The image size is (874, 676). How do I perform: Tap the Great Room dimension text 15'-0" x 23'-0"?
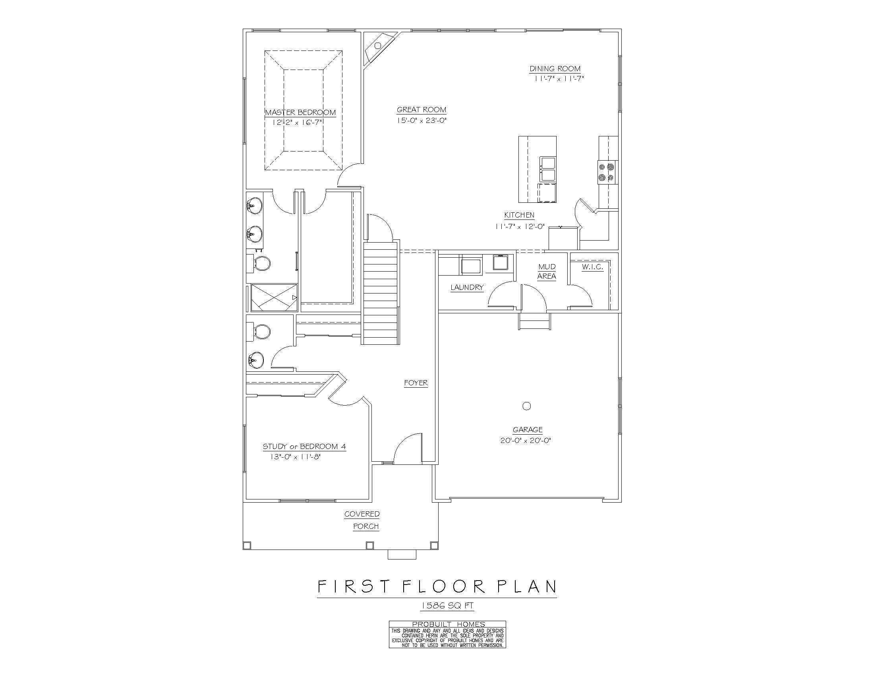[422, 120]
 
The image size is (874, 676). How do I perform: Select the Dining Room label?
[555, 69]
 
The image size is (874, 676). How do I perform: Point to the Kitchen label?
[519, 216]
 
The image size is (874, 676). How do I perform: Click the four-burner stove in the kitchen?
[607, 172]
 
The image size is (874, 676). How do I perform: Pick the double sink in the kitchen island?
[547, 169]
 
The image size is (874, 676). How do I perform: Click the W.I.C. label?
[592, 267]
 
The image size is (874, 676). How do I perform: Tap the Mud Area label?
[547, 272]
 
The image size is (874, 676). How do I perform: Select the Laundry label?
[467, 287]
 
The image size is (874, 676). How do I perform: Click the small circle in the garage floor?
[527, 406]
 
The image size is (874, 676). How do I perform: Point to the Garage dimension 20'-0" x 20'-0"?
[526, 441]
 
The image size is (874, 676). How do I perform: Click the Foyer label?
[416, 383]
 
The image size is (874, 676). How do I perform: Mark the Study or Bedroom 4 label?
[304, 447]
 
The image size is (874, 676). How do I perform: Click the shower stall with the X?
[274, 297]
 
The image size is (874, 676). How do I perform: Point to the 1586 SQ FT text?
[447, 606]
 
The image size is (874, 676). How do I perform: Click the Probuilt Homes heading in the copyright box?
[448, 624]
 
